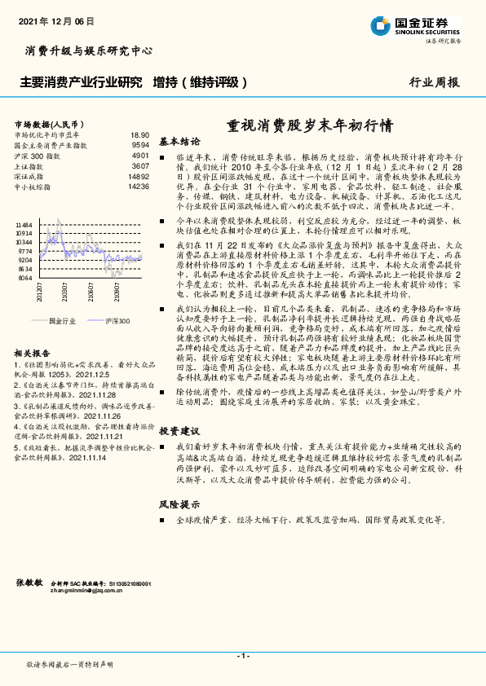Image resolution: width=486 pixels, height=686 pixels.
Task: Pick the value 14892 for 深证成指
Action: coord(138,175)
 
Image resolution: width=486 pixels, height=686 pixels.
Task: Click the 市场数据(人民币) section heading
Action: coord(44,121)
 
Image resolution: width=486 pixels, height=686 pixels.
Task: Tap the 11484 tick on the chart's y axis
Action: coord(24,224)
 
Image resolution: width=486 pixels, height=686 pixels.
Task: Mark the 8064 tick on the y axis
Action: coord(26,278)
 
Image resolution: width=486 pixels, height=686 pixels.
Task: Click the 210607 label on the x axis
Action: coord(91,291)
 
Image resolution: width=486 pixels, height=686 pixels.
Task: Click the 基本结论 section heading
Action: coord(179,140)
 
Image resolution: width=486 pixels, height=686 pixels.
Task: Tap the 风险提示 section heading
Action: coord(179,504)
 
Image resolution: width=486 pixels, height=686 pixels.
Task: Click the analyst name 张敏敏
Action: coord(29,583)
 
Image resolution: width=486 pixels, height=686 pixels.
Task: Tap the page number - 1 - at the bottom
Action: coord(242,656)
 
